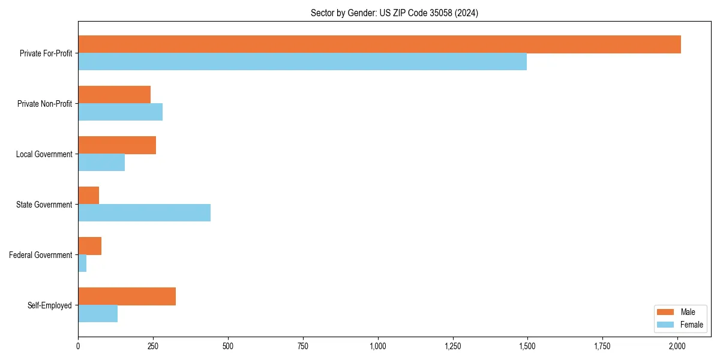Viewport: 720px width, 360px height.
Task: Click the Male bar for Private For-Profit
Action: point(379,44)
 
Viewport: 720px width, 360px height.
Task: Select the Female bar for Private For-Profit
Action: point(302,62)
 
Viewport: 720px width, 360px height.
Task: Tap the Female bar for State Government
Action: point(144,213)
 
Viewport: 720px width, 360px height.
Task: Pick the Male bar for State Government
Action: point(89,196)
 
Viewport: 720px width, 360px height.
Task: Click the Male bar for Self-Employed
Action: point(127,296)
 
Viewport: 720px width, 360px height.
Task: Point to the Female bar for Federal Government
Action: point(82,263)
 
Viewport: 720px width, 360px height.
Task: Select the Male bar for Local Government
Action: point(117,145)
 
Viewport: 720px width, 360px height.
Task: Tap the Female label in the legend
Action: point(691,325)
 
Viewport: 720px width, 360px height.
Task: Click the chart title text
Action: point(394,13)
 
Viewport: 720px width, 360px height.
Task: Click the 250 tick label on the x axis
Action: point(153,346)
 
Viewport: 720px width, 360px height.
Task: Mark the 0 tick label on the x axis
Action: point(78,346)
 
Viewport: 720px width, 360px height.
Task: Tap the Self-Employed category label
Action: point(50,305)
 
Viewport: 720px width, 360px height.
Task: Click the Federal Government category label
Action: point(41,255)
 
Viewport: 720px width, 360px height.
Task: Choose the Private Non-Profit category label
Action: point(44,104)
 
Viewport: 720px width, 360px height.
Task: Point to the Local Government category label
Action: point(44,154)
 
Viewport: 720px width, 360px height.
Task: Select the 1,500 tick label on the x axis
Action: point(527,346)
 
